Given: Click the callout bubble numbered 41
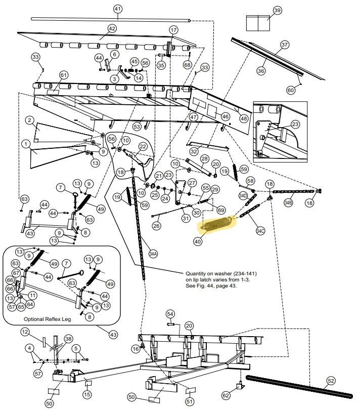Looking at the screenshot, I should click(118, 9).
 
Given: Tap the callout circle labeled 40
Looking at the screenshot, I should click(197, 242).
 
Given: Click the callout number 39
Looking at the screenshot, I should click(277, 11).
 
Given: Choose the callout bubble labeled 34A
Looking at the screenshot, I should click(153, 253).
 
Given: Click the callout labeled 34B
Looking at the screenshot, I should click(288, 202).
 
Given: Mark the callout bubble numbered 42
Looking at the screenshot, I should click(112, 29).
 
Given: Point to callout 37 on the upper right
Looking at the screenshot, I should click(285, 45).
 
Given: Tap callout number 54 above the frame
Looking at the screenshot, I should click(170, 314).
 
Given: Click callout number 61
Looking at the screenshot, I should click(63, 75).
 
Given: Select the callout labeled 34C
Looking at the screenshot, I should click(260, 231).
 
